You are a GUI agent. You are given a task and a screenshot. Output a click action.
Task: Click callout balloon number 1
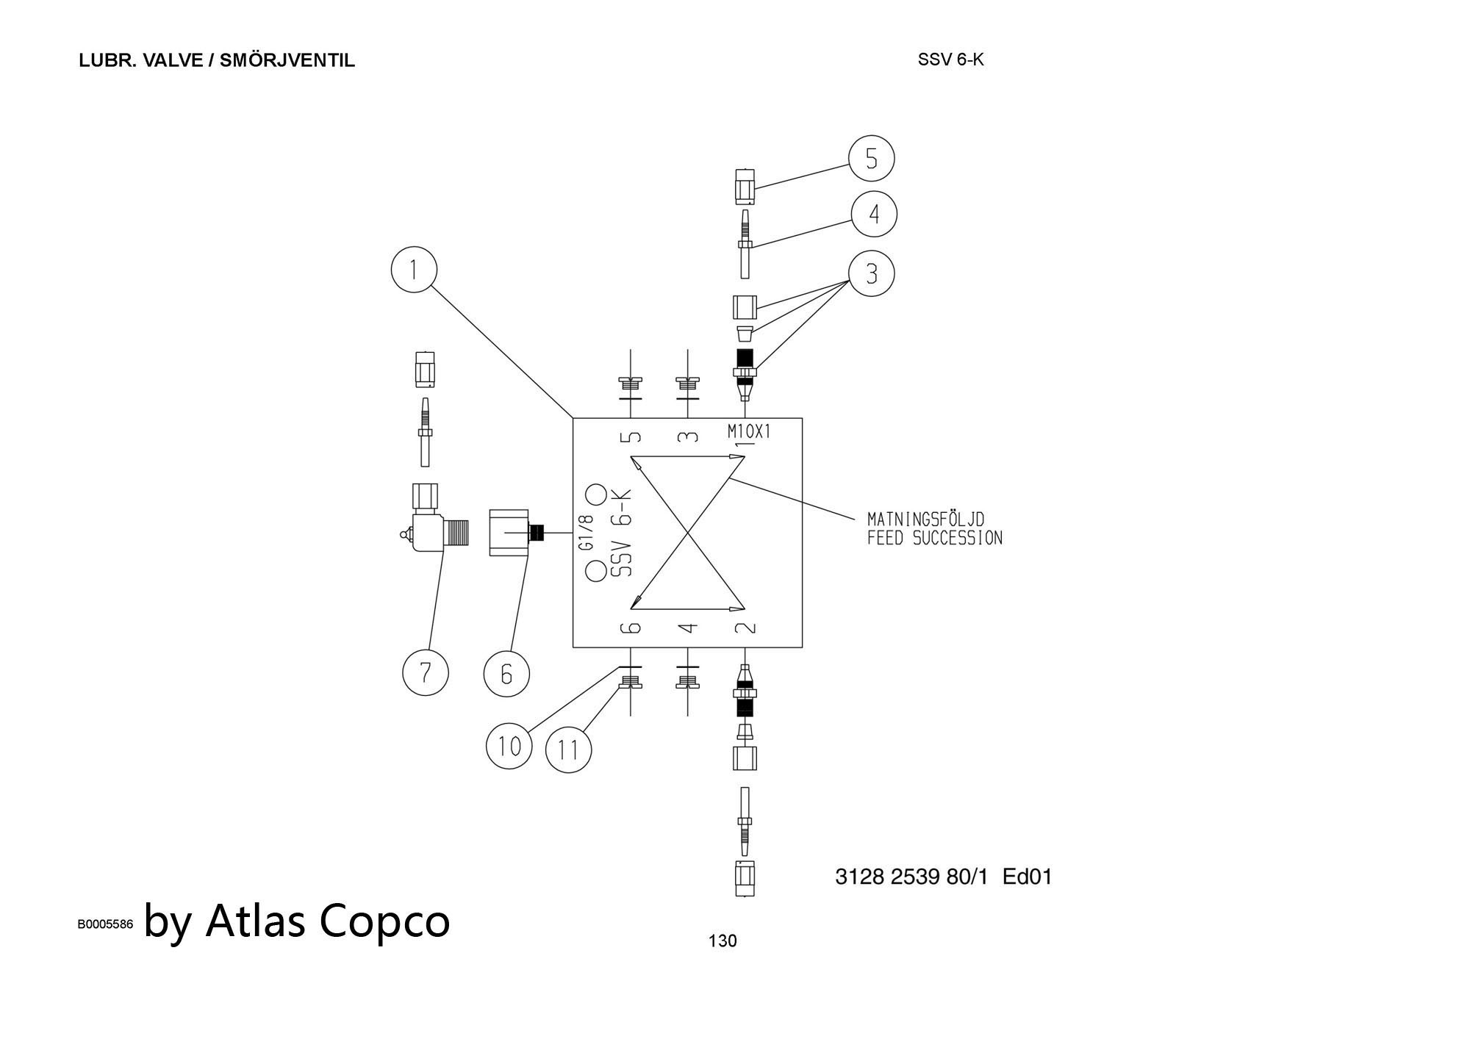coord(414,270)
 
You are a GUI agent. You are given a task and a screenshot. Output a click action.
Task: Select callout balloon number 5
coord(871,159)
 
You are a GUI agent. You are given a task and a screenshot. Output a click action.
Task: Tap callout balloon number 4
coord(874,215)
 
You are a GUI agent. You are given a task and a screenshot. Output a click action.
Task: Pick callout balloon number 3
coord(872,274)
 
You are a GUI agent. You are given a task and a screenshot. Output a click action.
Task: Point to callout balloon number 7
coord(426,672)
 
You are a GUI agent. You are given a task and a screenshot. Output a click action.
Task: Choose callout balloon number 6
coord(506,674)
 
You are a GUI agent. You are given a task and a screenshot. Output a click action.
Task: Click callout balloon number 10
coord(509,746)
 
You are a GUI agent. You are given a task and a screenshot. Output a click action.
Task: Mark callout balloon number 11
coord(568,750)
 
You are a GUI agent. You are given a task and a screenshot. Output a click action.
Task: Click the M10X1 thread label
coord(749,431)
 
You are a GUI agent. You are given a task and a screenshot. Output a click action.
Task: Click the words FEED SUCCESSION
coord(934,538)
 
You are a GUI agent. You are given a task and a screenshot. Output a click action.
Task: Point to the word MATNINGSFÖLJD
coord(925,520)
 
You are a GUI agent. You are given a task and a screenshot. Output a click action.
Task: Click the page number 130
coord(722,941)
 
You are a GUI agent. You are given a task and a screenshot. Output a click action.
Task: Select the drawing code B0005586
coord(106,924)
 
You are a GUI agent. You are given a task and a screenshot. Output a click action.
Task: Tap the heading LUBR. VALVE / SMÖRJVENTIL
coord(217,60)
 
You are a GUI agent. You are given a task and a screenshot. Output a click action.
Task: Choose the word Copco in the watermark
coord(385,920)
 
